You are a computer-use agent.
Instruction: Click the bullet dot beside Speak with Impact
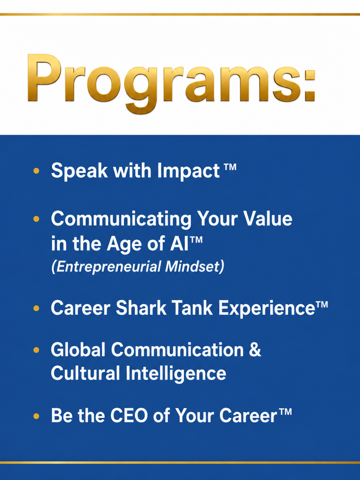click(36, 171)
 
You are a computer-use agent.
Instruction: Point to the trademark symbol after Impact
click(230, 167)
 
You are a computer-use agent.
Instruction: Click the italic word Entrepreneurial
click(106, 267)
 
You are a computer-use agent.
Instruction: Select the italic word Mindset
click(195, 266)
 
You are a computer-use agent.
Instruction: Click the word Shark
click(141, 308)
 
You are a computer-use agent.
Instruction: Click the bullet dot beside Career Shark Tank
click(36, 308)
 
